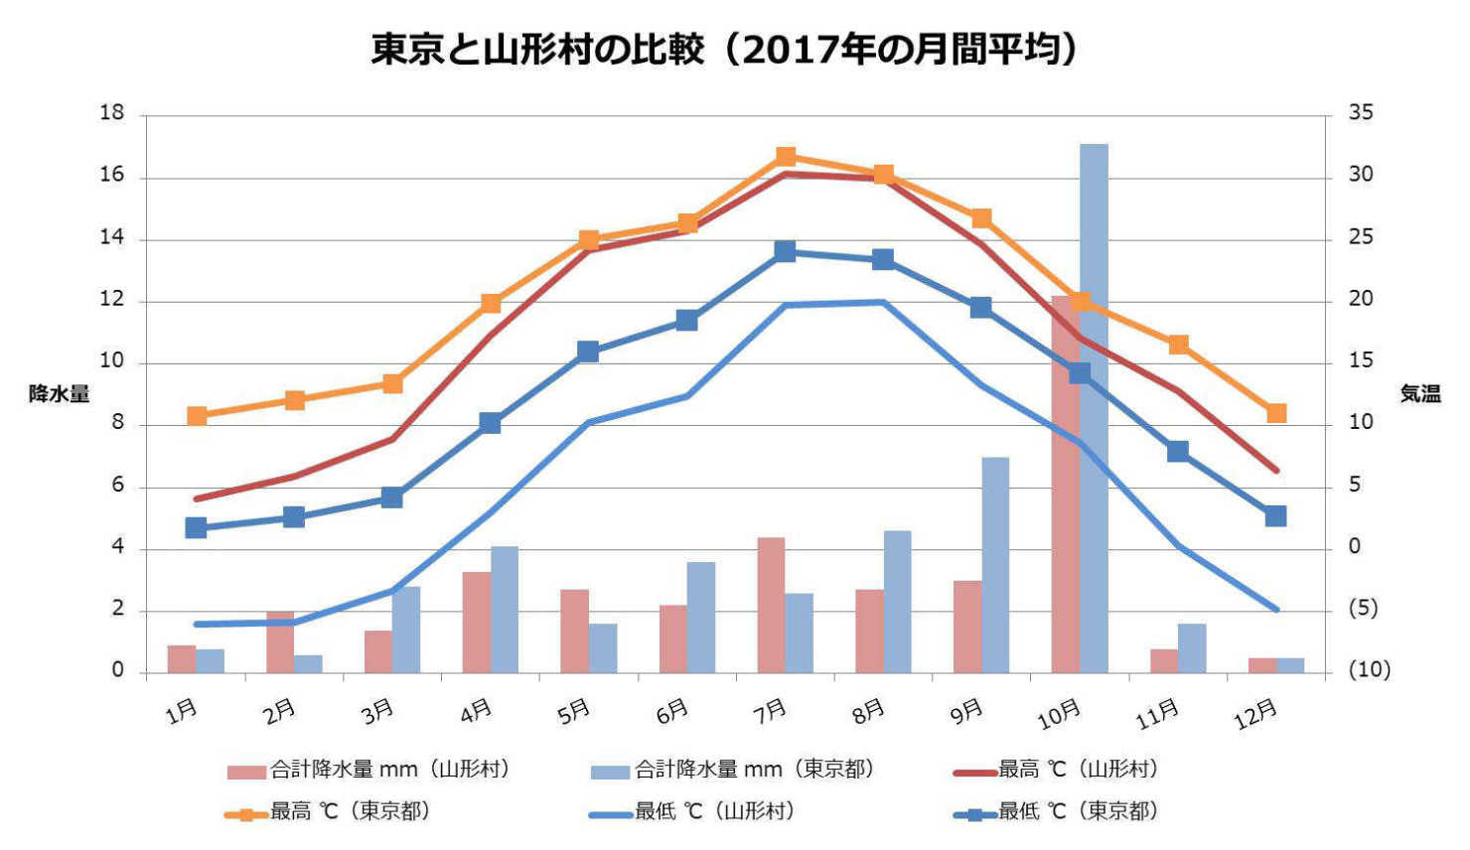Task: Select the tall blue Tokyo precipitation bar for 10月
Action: tap(1094, 407)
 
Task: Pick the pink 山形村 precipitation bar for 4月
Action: tap(476, 622)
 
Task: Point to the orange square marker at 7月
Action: tap(786, 157)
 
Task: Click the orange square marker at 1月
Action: tap(197, 416)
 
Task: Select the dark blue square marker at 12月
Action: tap(1275, 515)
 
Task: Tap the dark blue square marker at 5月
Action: tap(588, 352)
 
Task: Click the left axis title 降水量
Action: tap(59, 394)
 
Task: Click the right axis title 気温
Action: tap(1419, 394)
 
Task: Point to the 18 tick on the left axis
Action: tap(112, 113)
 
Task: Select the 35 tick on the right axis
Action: tap(1361, 113)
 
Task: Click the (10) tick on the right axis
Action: tap(1369, 670)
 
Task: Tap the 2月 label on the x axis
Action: tap(280, 710)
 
